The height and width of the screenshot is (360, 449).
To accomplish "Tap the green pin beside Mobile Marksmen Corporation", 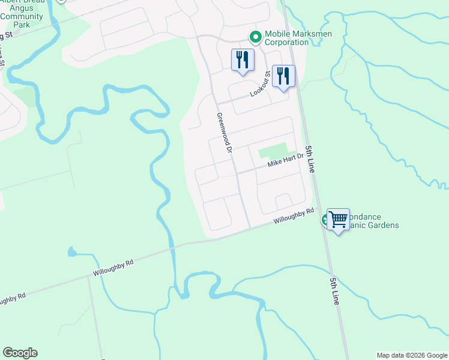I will coord(255,38).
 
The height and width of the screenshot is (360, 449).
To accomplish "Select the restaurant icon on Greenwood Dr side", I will coord(243,60).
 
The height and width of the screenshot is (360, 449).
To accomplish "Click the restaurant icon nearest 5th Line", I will coord(283,76).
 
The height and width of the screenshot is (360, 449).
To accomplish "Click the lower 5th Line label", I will coord(334,291).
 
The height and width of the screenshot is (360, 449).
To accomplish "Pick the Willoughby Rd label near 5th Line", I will coord(294,216).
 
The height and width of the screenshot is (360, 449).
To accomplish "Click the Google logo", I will coord(20,353).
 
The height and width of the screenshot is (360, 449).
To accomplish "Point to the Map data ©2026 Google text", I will coord(411,355).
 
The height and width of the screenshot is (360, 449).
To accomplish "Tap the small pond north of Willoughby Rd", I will coord(72,251).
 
